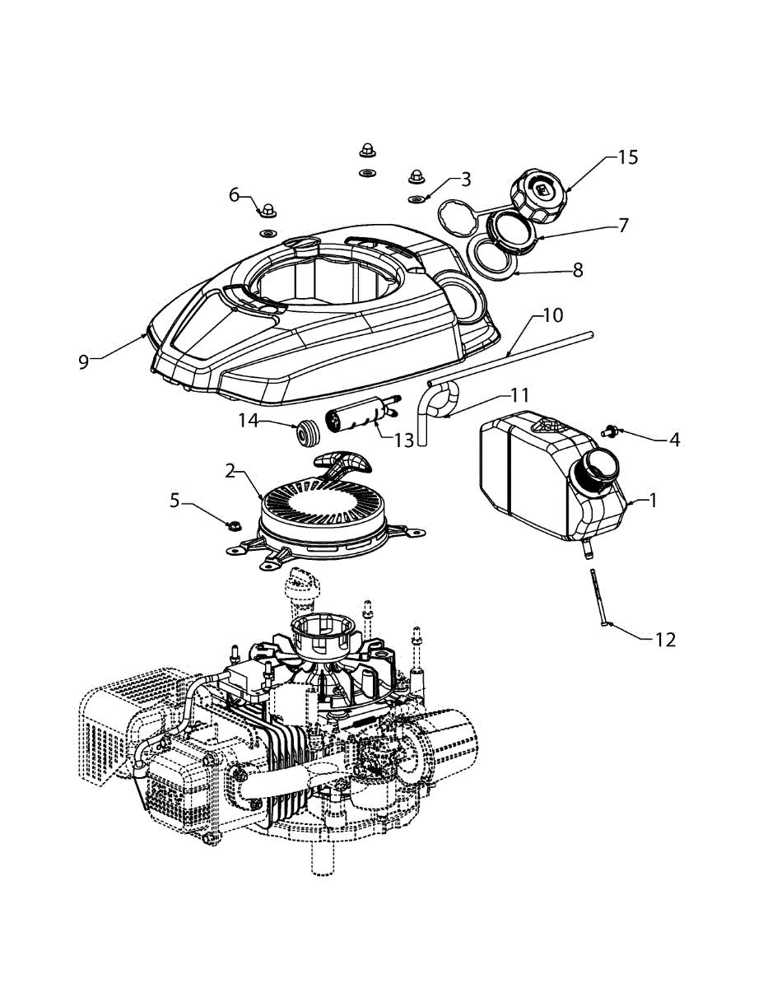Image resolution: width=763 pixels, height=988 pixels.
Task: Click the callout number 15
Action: [x=627, y=157]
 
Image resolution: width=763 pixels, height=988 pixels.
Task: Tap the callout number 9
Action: [x=83, y=361]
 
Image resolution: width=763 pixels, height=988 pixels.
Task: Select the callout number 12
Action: [x=665, y=638]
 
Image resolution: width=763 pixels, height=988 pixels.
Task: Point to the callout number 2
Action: [x=231, y=471]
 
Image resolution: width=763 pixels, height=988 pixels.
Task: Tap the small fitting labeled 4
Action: [x=611, y=429]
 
